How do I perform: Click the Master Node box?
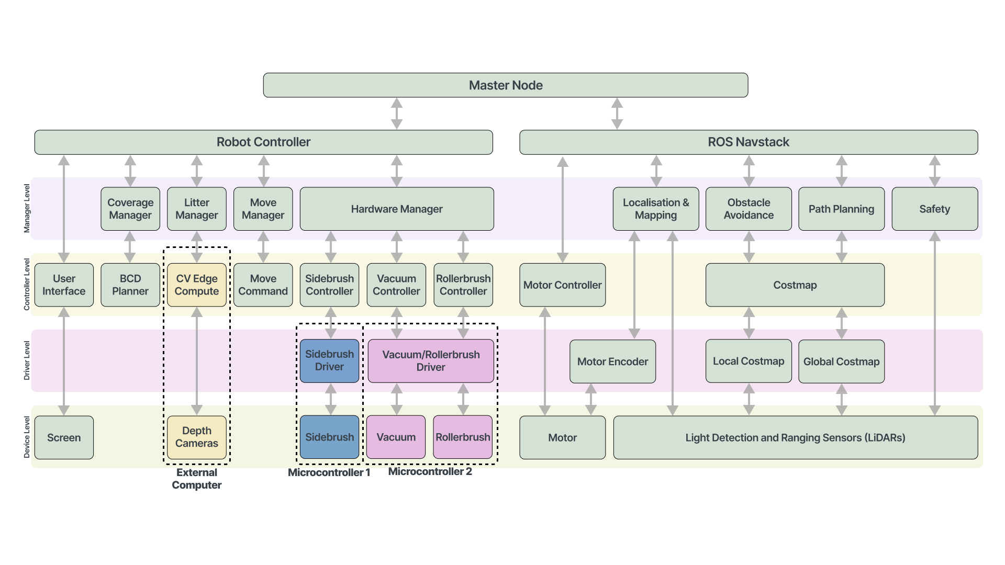pyautogui.click(x=506, y=85)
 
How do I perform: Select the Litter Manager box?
pyautogui.click(x=197, y=209)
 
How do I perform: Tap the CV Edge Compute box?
pyautogui.click(x=197, y=285)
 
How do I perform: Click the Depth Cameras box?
pyautogui.click(x=197, y=437)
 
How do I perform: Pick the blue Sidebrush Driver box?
pyautogui.click(x=330, y=360)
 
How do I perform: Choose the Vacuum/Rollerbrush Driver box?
pyautogui.click(x=431, y=361)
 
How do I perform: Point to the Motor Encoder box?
pyautogui.click(x=613, y=361)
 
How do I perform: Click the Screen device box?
pyautogui.click(x=64, y=438)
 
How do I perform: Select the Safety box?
pyautogui.click(x=935, y=209)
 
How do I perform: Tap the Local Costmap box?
pyautogui.click(x=749, y=361)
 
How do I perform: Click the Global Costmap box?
pyautogui.click(x=842, y=361)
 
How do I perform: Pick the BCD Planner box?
pyautogui.click(x=130, y=285)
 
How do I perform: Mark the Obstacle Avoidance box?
pyautogui.click(x=749, y=209)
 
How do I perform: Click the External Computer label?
pyautogui.click(x=197, y=479)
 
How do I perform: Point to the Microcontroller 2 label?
pyautogui.click(x=430, y=471)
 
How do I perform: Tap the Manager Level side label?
pyautogui.click(x=27, y=208)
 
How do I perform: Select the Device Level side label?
pyautogui.click(x=27, y=437)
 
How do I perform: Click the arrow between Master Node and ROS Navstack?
pyautogui.click(x=617, y=114)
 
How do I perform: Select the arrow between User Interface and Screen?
pyautogui.click(x=64, y=361)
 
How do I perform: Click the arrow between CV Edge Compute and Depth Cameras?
pyautogui.click(x=197, y=361)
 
